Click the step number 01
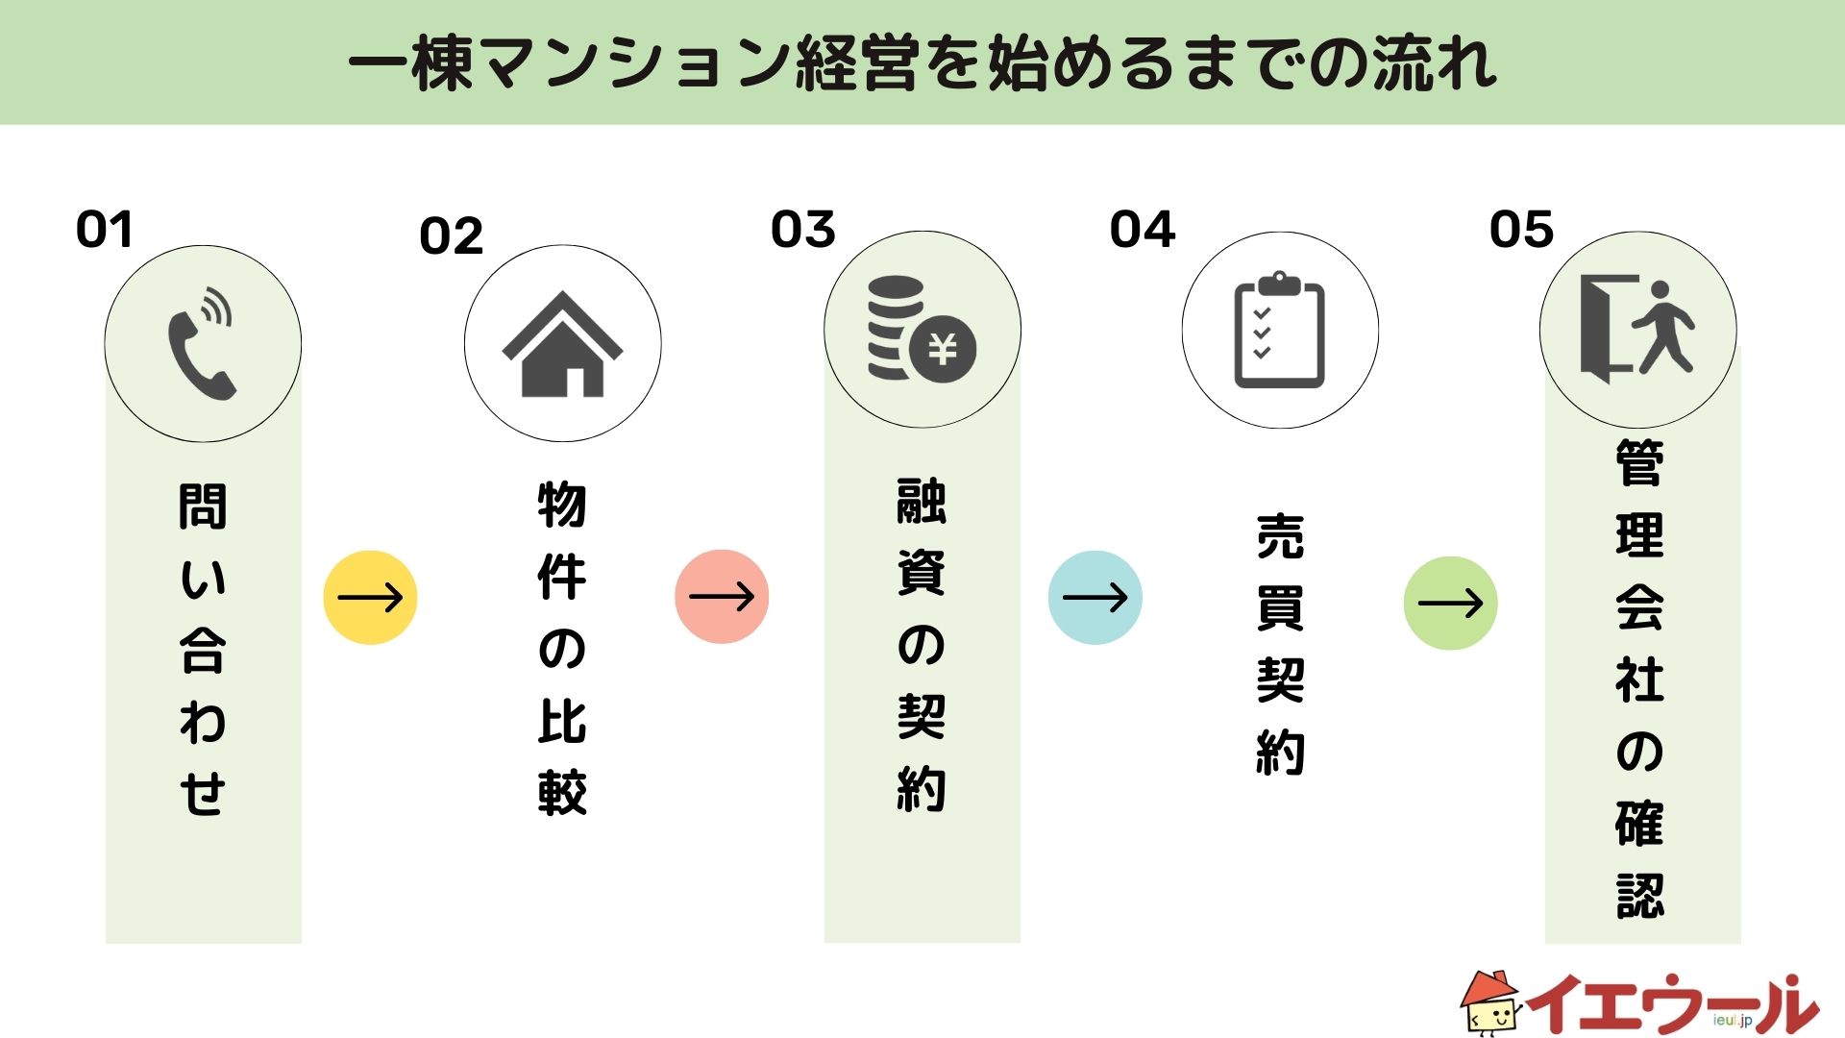[x=104, y=231]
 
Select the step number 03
[x=803, y=231]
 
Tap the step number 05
[x=1521, y=231]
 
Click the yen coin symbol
[x=943, y=349]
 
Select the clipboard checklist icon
[x=1279, y=330]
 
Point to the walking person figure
[x=1665, y=327]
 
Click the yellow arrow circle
[x=370, y=598]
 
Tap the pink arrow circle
[x=722, y=597]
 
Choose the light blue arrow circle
[x=1095, y=598]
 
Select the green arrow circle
[x=1450, y=604]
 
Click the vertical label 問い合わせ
[x=203, y=650]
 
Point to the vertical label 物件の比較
[x=562, y=649]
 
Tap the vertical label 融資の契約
[x=922, y=645]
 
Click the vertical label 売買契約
[x=1280, y=645]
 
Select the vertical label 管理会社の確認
[x=1639, y=679]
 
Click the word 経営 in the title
[x=858, y=63]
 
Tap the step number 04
[x=1143, y=231]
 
